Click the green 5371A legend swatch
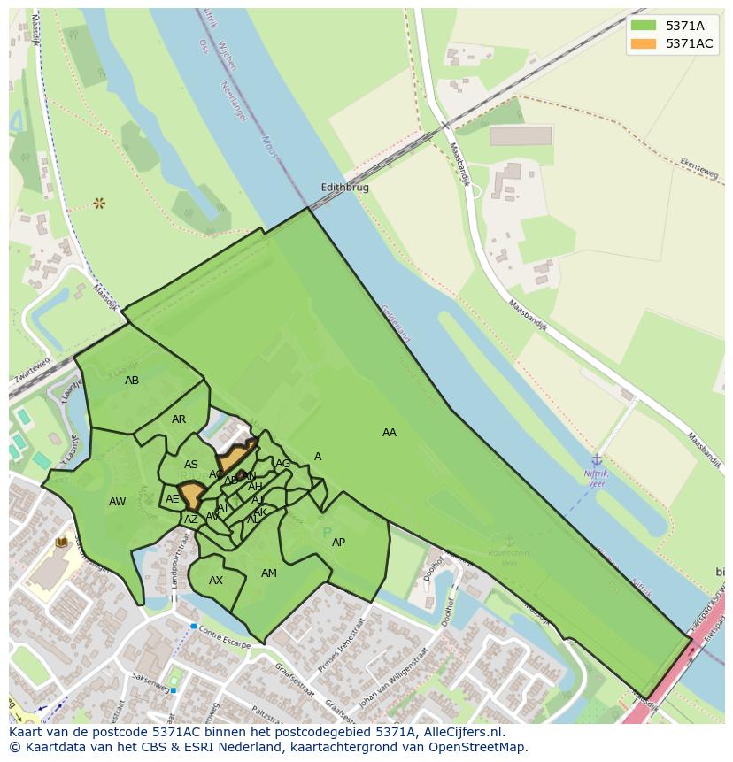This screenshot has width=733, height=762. pos(643,26)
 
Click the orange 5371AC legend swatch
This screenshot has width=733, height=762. pos(643,43)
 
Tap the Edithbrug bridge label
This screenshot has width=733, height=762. pos(344,188)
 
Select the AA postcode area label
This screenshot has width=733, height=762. pos(390,433)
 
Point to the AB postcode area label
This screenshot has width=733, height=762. pos(132,381)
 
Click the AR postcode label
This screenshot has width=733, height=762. pos(179,419)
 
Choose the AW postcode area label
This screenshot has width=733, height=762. pos(117,502)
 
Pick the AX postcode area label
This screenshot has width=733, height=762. pos(216,581)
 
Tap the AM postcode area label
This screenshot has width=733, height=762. pos(269,573)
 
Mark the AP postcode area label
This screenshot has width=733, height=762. pos(338,543)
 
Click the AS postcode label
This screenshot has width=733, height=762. pos(191,465)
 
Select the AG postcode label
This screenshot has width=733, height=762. pos(283,464)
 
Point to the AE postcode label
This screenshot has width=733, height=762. pos(173,499)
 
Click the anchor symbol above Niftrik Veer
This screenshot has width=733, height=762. pos(597,459)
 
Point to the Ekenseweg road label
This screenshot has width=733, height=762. pos(698,169)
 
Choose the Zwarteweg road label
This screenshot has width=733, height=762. pos(32,373)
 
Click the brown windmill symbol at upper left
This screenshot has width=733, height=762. pos(99,204)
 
